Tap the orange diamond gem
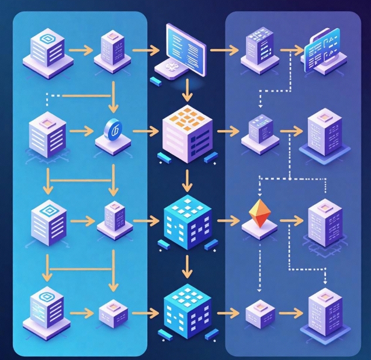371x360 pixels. tap(258, 214)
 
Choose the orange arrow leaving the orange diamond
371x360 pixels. tap(288, 221)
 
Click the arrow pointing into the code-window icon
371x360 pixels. tap(290, 50)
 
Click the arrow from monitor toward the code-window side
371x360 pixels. tap(221, 50)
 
